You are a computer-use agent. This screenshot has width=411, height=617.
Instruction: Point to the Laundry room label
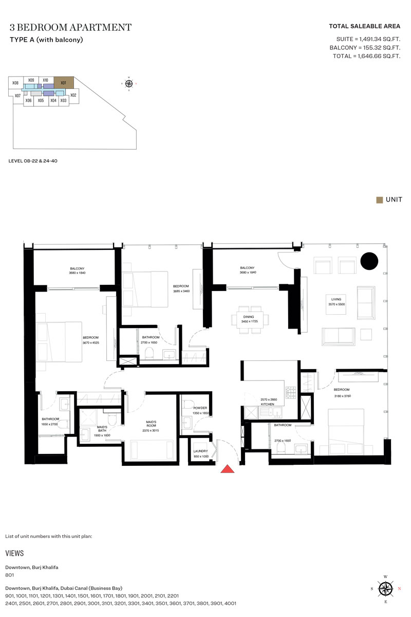pos(200,451)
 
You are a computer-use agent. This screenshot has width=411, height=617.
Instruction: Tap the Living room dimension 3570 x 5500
pos(337,304)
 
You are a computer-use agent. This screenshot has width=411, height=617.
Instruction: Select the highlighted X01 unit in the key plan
pos(64,82)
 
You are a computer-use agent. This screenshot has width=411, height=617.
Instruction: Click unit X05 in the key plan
pos(41,101)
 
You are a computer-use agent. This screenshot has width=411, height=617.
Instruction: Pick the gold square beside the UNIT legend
pos(379,199)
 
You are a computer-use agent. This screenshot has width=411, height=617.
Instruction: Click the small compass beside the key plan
pos(129,83)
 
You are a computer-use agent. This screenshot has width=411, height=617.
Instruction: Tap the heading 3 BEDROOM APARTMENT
pos(70,27)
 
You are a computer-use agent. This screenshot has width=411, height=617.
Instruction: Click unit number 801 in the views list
pos(9,575)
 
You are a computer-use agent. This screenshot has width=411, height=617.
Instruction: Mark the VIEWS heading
pos(14,553)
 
